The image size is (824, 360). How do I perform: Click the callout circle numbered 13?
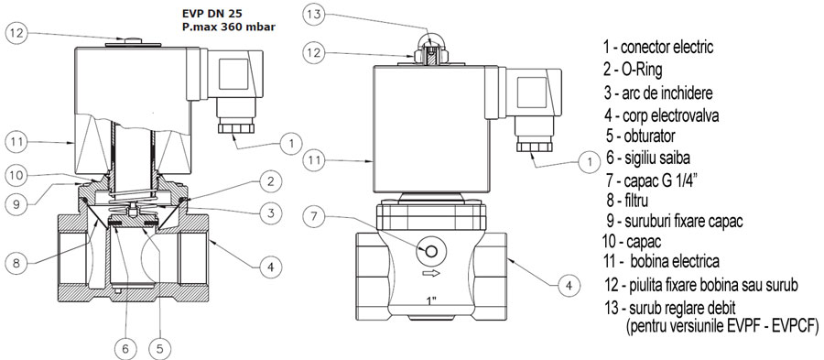[x=314, y=15]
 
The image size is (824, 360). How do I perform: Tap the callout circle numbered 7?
[x=314, y=216]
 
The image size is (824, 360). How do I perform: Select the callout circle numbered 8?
[x=16, y=262]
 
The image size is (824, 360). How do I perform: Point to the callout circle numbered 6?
[x=125, y=347]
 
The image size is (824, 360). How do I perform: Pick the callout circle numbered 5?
[x=159, y=347]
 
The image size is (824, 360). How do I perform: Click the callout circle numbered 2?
[x=270, y=182]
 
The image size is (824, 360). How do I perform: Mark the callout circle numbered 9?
[x=16, y=203]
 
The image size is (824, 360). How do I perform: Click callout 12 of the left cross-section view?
[x=16, y=34]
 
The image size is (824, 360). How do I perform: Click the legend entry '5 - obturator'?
[x=640, y=136]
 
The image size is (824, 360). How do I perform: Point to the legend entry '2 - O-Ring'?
[x=633, y=70]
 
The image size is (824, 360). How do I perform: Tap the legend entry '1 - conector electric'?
[x=658, y=47]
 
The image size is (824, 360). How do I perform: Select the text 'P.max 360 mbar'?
[x=229, y=27]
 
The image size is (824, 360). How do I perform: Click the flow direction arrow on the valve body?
[x=431, y=273]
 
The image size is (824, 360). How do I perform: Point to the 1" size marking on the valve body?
[x=432, y=301]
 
